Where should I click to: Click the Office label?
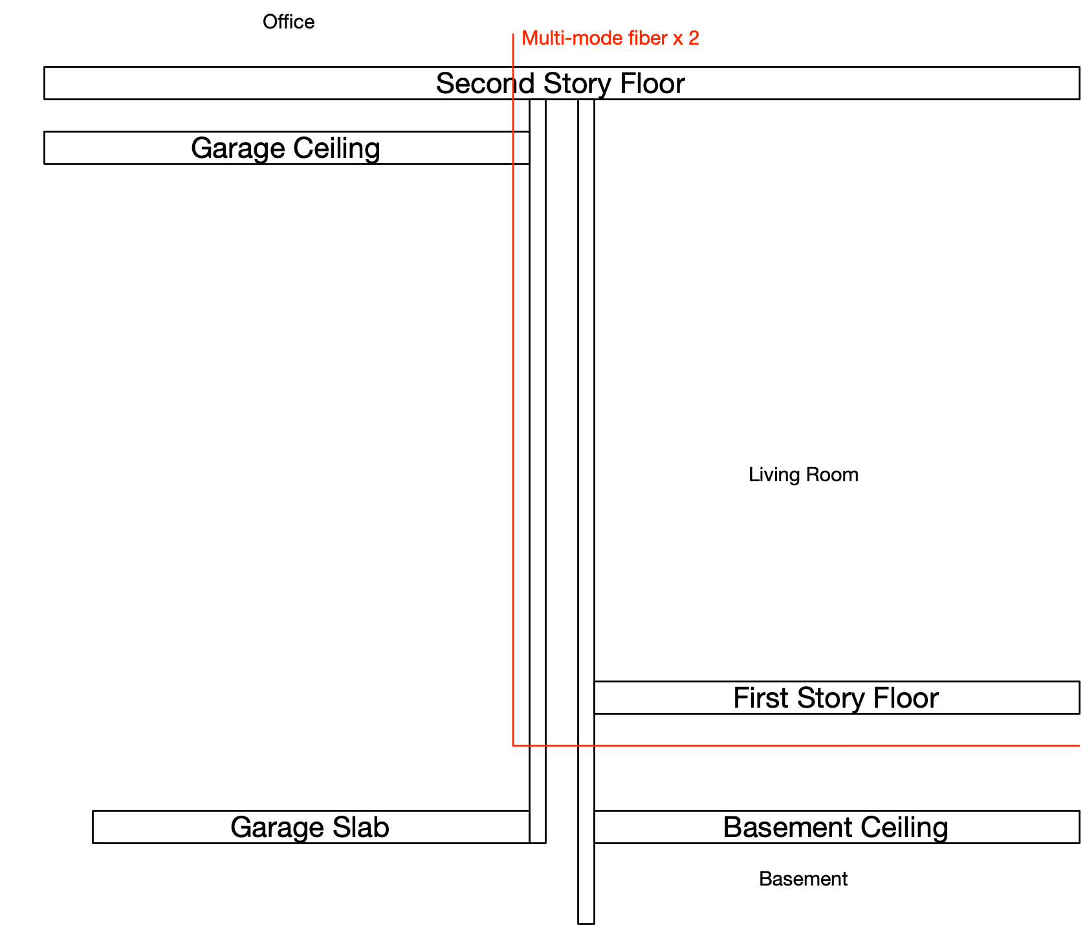click(x=289, y=22)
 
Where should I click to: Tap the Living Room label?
click(x=804, y=475)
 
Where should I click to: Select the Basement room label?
click(x=803, y=879)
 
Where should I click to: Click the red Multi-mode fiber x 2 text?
click(x=610, y=38)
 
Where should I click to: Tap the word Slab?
click(x=361, y=827)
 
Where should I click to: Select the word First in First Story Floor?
click(x=762, y=698)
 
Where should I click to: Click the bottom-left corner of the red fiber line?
click(x=513, y=746)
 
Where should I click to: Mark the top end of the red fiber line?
click(x=513, y=34)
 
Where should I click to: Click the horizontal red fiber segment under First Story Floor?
click(x=796, y=746)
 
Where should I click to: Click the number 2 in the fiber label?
click(x=694, y=38)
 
